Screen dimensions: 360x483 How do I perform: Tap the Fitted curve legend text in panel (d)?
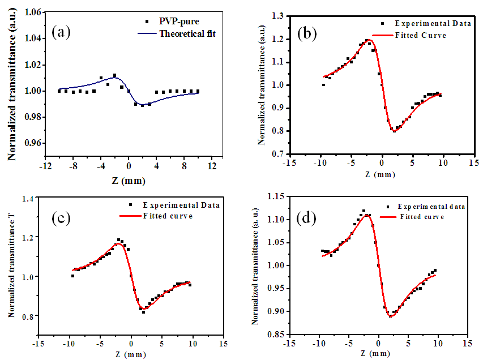click(421, 216)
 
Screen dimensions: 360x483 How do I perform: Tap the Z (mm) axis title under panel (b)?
click(381, 174)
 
